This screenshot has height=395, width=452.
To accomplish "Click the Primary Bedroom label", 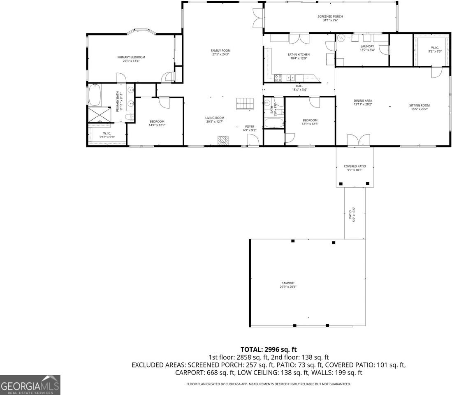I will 131,57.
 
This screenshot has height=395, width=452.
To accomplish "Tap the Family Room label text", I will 220,51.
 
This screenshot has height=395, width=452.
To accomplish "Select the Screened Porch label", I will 330,16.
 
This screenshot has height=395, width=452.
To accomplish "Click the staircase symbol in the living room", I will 246,104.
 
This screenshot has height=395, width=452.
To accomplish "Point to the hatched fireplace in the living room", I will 223,141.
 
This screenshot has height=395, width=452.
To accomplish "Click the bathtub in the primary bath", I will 94,95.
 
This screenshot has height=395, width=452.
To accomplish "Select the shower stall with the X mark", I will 99,115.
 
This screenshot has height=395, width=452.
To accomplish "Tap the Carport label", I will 288,283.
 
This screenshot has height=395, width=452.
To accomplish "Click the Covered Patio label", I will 355,166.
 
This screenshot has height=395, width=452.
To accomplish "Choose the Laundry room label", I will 367,46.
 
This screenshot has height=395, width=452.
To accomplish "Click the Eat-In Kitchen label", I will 299,54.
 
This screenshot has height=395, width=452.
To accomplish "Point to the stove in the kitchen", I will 278,77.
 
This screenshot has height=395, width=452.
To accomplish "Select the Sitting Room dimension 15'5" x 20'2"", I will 419,109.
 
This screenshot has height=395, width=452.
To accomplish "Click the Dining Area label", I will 363,101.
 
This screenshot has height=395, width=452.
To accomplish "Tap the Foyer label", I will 250,126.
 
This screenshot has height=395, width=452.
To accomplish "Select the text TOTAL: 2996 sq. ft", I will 269,350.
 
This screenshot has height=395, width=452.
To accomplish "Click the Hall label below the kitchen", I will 299,86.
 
